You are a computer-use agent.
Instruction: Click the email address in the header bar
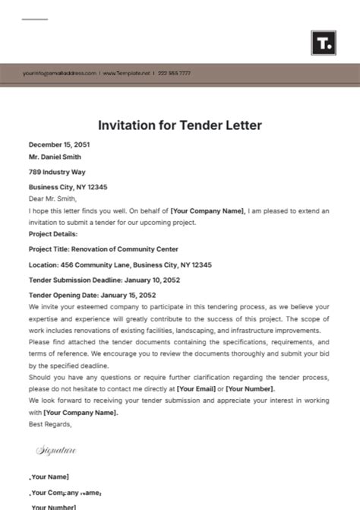click(x=59, y=73)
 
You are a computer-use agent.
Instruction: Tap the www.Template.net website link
click(x=125, y=73)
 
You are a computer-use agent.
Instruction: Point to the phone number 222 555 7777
click(x=175, y=73)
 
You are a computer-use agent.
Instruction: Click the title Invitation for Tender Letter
click(x=180, y=125)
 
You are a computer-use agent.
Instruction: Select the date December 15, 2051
click(x=61, y=144)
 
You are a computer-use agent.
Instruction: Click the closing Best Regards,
click(x=50, y=424)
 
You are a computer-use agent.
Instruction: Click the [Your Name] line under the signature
click(x=50, y=477)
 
